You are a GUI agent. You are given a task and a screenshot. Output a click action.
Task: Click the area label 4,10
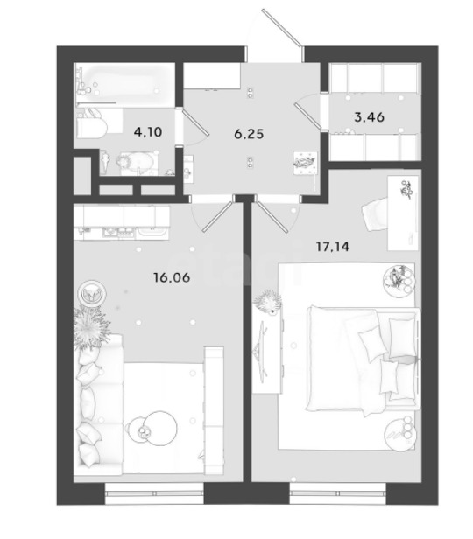[x=148, y=131]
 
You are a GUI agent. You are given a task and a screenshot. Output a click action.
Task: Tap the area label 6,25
[x=249, y=134]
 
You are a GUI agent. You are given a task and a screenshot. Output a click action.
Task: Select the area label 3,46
[x=369, y=117]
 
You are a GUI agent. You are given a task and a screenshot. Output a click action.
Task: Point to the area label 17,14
[x=333, y=246]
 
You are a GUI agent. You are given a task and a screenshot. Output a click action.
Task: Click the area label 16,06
[x=172, y=277]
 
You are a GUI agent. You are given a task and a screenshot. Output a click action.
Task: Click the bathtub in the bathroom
[x=125, y=82]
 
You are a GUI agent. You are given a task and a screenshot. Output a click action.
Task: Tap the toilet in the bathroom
[x=92, y=123]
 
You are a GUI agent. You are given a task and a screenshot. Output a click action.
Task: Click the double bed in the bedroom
[x=363, y=360]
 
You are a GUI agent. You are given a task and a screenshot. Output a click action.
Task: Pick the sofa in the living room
[x=99, y=404]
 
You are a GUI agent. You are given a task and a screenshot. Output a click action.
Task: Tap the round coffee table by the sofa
[x=159, y=429]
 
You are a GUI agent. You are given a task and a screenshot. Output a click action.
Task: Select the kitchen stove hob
[x=118, y=233]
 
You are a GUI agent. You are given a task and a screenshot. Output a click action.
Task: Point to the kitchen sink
[x=152, y=232]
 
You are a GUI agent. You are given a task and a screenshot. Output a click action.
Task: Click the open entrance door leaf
[x=282, y=27]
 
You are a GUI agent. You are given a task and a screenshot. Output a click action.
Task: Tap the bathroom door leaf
[x=195, y=122]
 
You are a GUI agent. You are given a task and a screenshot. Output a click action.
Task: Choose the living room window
[x=154, y=493]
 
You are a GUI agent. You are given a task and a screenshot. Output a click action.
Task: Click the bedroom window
[x=338, y=493]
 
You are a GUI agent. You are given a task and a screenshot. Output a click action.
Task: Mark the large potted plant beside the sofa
[x=90, y=328]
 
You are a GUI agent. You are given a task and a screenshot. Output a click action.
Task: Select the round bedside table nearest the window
[x=399, y=434]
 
